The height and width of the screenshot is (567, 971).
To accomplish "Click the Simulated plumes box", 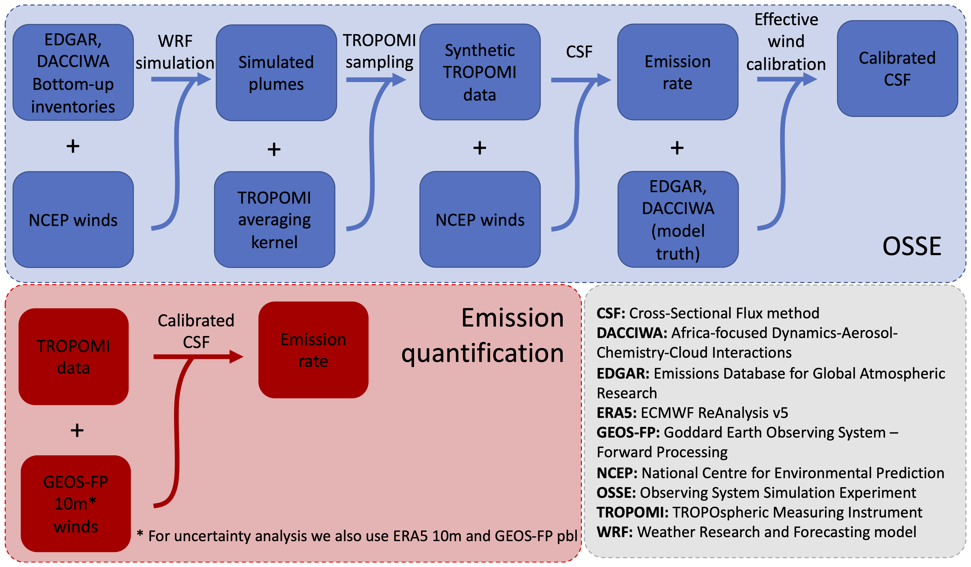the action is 276,73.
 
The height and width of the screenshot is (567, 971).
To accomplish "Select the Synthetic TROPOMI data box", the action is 480,72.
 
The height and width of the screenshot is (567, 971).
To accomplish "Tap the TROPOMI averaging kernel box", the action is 274,220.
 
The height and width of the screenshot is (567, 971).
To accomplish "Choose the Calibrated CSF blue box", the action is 897,68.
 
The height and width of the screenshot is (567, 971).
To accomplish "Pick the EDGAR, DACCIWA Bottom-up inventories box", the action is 73,72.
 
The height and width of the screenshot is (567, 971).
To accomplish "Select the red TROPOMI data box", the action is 74,357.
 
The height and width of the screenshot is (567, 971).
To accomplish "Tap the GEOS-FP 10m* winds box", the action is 76,504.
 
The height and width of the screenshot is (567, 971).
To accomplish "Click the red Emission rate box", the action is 313,350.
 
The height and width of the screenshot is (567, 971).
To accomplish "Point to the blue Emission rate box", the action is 678,72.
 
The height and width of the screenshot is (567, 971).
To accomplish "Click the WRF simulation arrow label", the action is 175,52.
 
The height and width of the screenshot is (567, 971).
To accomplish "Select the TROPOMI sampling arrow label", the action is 379,51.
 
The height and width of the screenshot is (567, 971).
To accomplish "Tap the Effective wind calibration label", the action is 786,42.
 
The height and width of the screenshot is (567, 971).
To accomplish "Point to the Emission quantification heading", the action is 483,335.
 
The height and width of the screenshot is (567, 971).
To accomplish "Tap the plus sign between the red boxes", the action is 77,430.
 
